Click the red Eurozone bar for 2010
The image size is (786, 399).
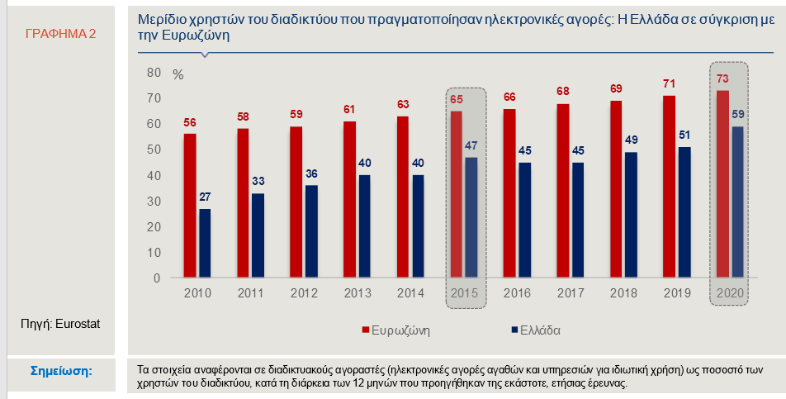190,206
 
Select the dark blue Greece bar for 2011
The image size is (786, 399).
258,235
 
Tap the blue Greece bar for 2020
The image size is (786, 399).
737,202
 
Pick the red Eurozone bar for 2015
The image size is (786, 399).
456,194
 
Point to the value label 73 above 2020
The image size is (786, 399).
722,79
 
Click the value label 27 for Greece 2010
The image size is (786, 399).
205,197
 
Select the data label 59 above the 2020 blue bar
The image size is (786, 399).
738,114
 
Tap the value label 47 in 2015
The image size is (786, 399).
471,146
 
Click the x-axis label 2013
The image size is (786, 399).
357,293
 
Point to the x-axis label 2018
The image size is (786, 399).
623,293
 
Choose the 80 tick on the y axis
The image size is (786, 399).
154,73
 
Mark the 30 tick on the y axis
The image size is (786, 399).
154,202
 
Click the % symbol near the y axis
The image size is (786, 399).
178,75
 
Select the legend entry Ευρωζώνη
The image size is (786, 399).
396,330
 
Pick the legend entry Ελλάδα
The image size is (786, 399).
535,330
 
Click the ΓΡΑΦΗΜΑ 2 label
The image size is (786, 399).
60,34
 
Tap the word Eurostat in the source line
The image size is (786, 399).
78,324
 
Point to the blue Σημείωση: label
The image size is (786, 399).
61,372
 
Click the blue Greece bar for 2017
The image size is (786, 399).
577,220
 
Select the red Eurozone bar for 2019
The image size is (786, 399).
670,187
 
